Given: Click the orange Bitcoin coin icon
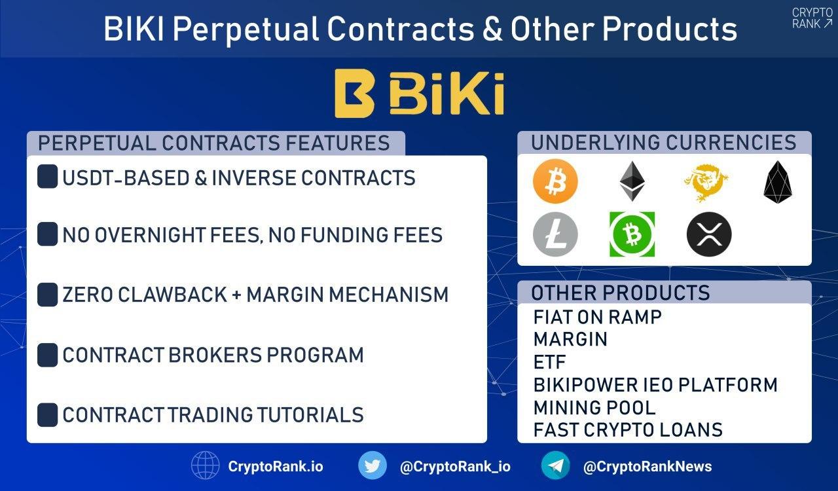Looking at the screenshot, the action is point(555,181).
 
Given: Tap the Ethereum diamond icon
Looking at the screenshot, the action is point(632,181).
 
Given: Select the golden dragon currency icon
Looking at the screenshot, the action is point(706,182).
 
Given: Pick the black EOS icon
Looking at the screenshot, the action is point(778,182).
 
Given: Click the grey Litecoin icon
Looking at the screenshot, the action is point(555,234).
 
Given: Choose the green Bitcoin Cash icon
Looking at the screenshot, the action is point(632,234).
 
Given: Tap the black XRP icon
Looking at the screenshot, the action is point(709,234).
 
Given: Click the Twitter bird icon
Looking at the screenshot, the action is point(373,465).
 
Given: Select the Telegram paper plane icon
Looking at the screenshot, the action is point(556,465).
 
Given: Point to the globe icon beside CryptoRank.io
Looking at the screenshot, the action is point(206,465).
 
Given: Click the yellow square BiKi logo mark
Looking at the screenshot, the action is point(354,93).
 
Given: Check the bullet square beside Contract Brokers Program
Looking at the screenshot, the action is point(48,355).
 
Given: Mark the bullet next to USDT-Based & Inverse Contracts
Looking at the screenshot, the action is point(48,176).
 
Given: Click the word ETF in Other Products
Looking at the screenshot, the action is point(549,362).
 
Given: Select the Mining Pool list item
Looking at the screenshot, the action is point(594,408).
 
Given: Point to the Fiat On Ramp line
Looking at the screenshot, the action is point(598,318).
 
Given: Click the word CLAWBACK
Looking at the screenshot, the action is point(172,295).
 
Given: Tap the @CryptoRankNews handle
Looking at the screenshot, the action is point(647,466).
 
